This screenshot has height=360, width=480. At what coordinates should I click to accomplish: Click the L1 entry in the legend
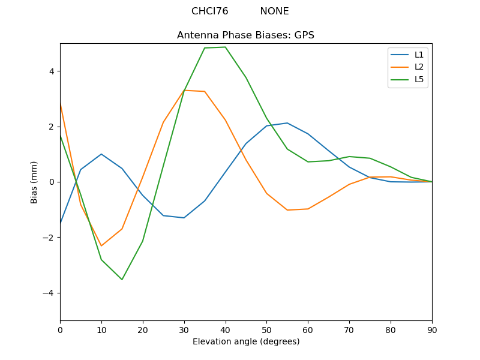[419, 55]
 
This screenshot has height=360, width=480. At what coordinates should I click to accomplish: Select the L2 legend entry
[419, 67]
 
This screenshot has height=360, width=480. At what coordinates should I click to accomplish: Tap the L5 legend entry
[419, 79]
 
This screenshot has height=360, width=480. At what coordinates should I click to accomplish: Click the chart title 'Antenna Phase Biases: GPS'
[245, 35]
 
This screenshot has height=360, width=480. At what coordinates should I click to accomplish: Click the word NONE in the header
[274, 11]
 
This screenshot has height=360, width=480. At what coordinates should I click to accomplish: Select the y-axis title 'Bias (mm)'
[34, 182]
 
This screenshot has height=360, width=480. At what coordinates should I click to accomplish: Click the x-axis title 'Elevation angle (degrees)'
[245, 341]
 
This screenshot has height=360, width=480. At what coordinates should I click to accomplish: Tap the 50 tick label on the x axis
[266, 329]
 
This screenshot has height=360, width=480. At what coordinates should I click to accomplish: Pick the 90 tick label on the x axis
[431, 329]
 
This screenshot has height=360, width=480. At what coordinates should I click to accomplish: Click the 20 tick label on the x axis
[143, 329]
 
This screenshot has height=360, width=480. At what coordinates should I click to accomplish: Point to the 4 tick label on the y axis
[51, 71]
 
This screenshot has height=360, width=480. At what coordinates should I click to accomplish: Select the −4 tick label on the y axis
[49, 293]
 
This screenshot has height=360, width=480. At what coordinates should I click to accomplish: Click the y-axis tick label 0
[51, 182]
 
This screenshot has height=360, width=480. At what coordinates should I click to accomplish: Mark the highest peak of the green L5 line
[225, 47]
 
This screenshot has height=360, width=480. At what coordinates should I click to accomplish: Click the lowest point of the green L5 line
[122, 280]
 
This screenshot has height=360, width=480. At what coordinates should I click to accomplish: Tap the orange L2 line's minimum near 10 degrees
[101, 246]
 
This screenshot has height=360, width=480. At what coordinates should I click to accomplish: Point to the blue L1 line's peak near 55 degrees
[287, 123]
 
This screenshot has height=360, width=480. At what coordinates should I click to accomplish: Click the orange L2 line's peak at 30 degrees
[184, 90]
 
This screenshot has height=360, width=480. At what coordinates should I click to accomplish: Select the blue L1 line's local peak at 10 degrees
[101, 154]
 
